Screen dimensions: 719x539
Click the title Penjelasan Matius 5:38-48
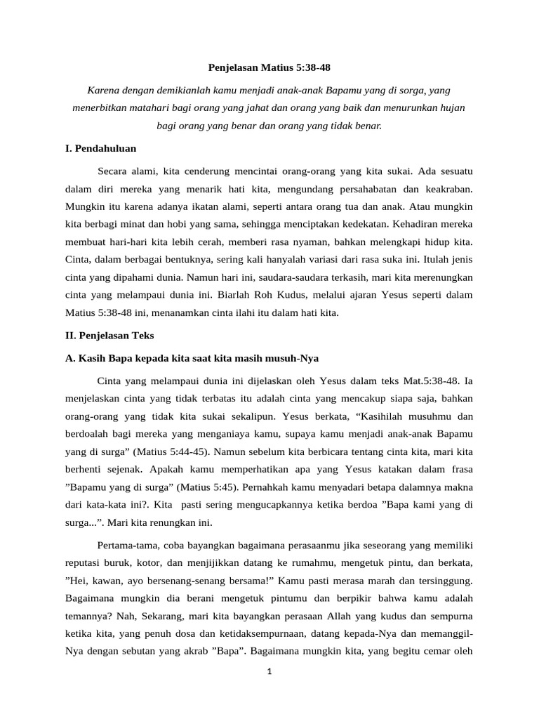[x=269, y=68]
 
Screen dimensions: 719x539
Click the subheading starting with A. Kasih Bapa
[x=192, y=358]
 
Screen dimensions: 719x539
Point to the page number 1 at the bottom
[x=269, y=671]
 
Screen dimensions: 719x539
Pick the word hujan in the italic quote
[x=451, y=108]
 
